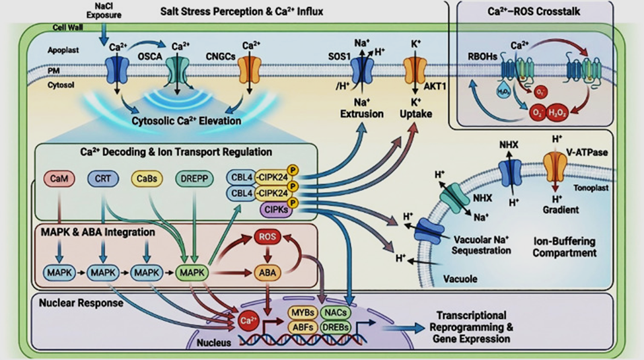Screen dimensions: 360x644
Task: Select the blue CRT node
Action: pos(102,178)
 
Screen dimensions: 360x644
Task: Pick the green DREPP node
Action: pos(193,178)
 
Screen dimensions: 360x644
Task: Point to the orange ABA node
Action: pos(266,272)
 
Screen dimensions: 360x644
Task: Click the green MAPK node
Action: pos(191,272)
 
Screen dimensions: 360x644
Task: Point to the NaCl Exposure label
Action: pos(100,10)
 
